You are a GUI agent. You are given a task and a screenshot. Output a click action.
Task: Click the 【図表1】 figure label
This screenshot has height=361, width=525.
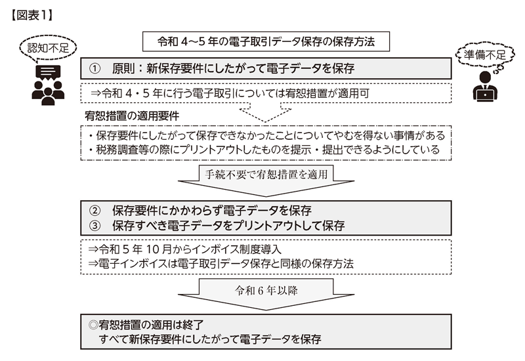pyautogui.click(x=31, y=15)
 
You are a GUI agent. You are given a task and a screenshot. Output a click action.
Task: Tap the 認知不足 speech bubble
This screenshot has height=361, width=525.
pyautogui.click(x=48, y=48)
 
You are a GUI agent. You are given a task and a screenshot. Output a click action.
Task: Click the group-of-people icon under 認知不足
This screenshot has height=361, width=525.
pyautogui.click(x=48, y=85)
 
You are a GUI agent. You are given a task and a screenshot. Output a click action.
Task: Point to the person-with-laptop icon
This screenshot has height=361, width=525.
pyautogui.click(x=485, y=86)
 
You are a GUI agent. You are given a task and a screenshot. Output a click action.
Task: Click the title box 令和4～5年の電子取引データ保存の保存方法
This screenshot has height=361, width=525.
pyautogui.click(x=266, y=41)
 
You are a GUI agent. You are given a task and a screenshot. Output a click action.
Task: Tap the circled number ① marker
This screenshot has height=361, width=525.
pyautogui.click(x=94, y=69)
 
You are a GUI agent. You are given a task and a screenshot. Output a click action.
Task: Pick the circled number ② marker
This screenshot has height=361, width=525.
pyautogui.click(x=94, y=211)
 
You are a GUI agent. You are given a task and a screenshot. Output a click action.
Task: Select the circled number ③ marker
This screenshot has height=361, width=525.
pyautogui.click(x=94, y=226)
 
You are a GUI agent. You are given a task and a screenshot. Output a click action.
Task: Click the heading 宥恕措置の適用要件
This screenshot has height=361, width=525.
pyautogui.click(x=132, y=116)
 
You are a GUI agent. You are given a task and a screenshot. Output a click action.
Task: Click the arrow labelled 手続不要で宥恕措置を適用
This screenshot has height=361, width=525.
pyautogui.click(x=266, y=180)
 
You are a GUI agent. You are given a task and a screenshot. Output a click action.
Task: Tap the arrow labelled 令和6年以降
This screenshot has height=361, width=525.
pyautogui.click(x=266, y=294)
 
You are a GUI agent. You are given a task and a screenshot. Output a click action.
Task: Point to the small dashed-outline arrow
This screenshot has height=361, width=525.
pyautogui.click(x=265, y=112)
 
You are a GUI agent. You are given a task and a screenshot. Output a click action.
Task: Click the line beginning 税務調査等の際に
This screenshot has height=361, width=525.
pyautogui.click(x=264, y=150)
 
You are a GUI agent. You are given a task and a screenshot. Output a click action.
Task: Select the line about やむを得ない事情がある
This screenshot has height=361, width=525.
pyautogui.click(x=266, y=135)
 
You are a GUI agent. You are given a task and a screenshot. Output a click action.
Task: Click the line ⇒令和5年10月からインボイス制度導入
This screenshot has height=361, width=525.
pyautogui.click(x=185, y=249)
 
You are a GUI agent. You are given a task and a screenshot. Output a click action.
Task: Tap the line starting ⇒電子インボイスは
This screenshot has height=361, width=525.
pyautogui.click(x=220, y=264)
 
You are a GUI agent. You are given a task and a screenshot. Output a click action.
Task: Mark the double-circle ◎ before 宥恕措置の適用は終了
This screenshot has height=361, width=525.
pyautogui.click(x=93, y=325)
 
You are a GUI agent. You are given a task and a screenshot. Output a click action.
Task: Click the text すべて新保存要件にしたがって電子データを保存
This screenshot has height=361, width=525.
pyautogui.click(x=210, y=339)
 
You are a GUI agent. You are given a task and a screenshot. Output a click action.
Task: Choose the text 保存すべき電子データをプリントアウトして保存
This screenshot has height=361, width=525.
pyautogui.click(x=228, y=226)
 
